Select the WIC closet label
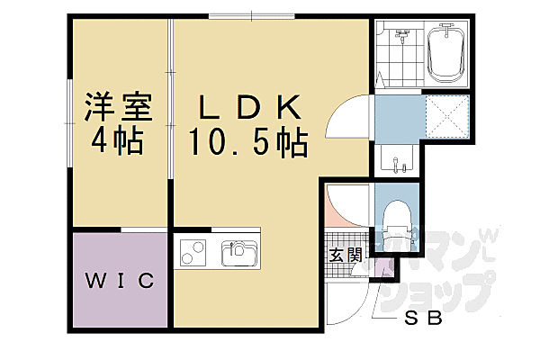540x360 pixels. (120, 281)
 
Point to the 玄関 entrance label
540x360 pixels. (345, 256)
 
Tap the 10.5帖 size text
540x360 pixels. (247, 141)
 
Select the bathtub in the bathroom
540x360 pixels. (445, 53)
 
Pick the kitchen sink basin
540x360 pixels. (238, 251)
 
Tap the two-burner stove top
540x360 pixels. (193, 253)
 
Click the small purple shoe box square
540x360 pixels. (382, 267)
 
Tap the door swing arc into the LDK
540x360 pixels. (349, 119)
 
